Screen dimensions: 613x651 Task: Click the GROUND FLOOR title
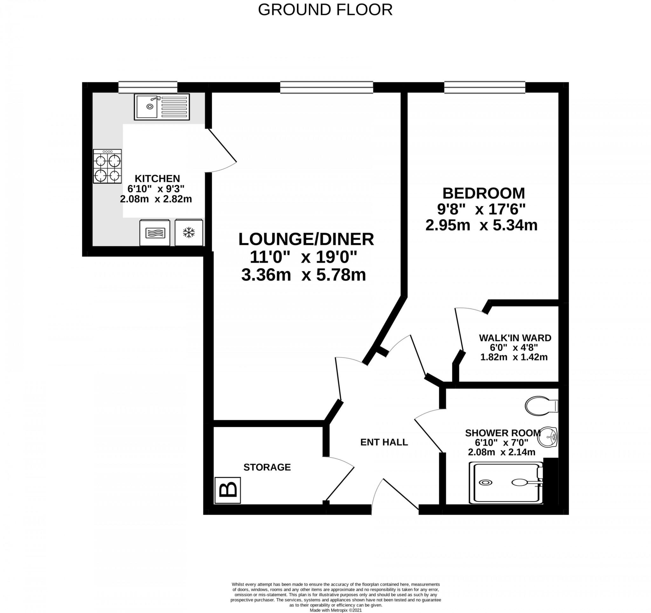point(325,10)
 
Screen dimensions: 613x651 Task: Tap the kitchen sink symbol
point(161,107)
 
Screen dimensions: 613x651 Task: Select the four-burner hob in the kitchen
point(107,166)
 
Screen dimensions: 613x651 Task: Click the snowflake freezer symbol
point(188,233)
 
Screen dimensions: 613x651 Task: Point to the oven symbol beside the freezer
point(155,233)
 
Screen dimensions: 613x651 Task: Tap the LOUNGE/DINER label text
point(306,239)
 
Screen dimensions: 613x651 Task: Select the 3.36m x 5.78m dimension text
point(303,275)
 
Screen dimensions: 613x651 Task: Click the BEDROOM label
point(483,193)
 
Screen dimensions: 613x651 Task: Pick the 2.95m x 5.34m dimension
point(481,225)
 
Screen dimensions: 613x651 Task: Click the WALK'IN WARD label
point(515,337)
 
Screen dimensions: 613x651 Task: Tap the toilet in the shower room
point(541,406)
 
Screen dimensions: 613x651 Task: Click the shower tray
point(506,483)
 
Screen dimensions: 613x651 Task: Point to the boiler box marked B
point(228,490)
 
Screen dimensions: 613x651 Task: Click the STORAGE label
point(267,467)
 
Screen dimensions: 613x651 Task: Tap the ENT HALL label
point(384,442)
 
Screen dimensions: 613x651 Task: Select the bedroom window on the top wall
point(485,87)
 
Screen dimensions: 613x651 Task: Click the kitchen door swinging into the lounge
point(223,146)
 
